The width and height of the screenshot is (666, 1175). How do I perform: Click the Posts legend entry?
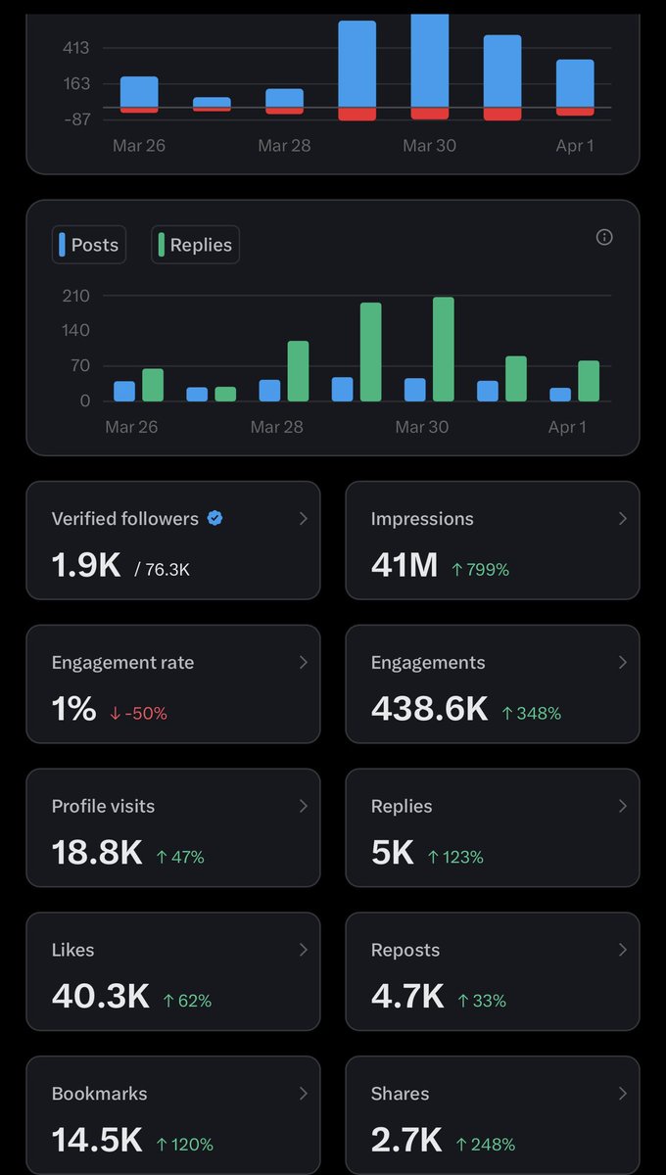[x=89, y=245]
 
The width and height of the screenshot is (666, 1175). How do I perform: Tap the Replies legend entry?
[x=196, y=245]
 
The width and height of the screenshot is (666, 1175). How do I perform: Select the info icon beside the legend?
[x=604, y=237]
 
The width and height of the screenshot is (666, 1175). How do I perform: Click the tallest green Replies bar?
[x=444, y=349]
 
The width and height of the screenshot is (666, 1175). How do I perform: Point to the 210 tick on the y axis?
[x=75, y=296]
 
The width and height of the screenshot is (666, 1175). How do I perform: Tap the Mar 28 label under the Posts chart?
[x=277, y=427]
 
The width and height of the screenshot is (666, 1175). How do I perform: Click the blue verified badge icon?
[x=215, y=519]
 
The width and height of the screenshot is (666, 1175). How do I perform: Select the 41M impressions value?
[x=404, y=565]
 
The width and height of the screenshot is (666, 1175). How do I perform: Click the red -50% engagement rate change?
[x=138, y=713]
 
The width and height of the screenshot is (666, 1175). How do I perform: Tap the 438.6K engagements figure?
[x=429, y=709]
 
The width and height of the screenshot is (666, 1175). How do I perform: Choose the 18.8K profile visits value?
[x=97, y=853]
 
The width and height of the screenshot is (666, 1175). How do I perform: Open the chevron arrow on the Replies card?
[x=622, y=806]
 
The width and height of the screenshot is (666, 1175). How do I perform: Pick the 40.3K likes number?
[x=100, y=997]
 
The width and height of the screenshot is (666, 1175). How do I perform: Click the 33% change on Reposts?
[x=482, y=1001]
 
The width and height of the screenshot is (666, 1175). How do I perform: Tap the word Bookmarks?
[x=99, y=1094]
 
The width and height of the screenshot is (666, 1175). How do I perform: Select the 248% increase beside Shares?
[x=486, y=1144]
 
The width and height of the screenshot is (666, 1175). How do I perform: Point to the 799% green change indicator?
[x=480, y=569]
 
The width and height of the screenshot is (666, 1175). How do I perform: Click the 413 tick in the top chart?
[x=75, y=48]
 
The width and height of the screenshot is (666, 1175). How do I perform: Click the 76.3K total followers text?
[x=167, y=569]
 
